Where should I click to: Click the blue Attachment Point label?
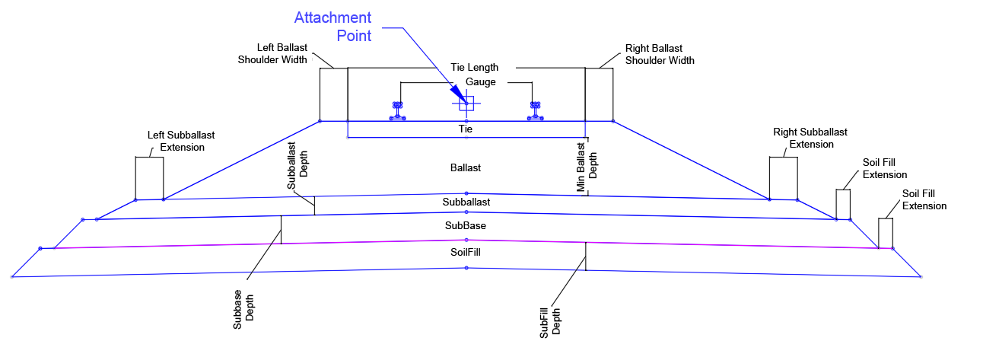333,27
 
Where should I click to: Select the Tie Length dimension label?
474,68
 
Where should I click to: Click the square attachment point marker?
466,104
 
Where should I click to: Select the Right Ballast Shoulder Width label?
660,53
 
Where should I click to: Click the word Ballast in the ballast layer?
466,167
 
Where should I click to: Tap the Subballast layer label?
466,202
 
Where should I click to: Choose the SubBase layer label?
466,226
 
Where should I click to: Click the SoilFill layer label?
466,251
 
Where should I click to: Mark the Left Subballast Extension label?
177,141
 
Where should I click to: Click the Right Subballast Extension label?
811,138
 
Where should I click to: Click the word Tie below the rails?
466,129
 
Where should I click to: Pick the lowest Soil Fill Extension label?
924,200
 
